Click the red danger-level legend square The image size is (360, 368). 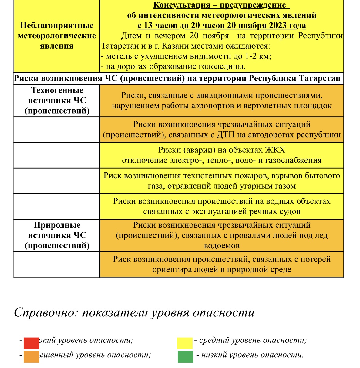coord(31,343)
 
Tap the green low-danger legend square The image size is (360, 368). coord(185,356)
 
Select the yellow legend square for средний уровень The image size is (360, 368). coord(185,343)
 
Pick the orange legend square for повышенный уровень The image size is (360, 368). coord(31,356)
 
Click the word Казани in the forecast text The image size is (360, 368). coord(177,46)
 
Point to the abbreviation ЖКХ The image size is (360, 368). coord(275,150)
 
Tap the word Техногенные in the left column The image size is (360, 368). coord(57,90)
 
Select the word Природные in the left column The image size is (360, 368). coord(57,225)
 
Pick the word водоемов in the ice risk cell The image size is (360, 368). coord(222,246)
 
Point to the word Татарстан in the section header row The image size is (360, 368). coord(320,78)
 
